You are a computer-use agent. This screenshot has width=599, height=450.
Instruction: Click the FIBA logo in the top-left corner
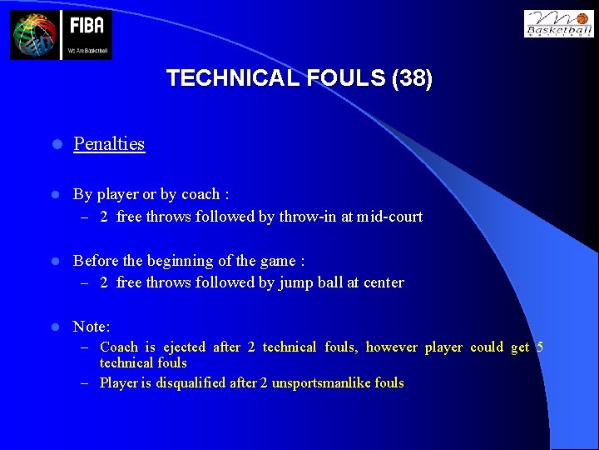[x=61, y=34]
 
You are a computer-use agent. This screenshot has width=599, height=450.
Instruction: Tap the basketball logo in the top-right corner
[x=558, y=23]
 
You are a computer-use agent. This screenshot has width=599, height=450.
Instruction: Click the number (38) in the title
[x=412, y=78]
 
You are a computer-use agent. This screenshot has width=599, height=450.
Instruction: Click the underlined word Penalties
[x=109, y=143]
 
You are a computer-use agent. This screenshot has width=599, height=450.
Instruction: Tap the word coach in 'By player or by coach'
[x=200, y=194]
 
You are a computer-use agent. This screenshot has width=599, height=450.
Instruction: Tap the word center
[x=383, y=282]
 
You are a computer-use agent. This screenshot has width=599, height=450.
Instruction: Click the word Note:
[x=92, y=327]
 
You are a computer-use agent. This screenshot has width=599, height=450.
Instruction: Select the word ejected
[x=183, y=347]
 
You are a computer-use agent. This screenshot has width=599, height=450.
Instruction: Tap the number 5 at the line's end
[x=540, y=347]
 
